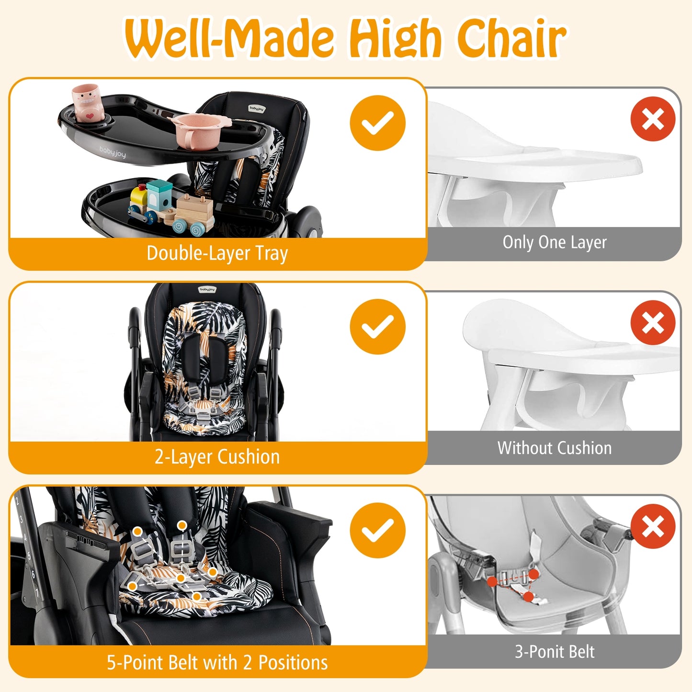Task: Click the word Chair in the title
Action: coord(511,38)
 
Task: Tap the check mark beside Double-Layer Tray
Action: coord(377,123)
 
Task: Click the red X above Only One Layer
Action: coord(653,119)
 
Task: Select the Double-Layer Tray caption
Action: coord(217,253)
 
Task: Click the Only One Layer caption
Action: coord(554,242)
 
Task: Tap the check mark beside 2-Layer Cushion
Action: coord(377,327)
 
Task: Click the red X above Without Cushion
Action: coord(653,323)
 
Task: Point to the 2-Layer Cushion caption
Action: coord(217,457)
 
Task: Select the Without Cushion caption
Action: coord(554,448)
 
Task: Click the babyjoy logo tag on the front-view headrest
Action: coord(207,289)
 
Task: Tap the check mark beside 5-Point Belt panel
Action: coord(377,530)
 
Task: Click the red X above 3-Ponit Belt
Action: coord(653,526)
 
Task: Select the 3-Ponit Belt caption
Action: coord(554,652)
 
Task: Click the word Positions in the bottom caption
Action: coord(293,663)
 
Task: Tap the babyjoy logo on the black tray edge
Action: coord(113,152)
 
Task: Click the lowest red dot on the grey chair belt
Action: coord(528,597)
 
